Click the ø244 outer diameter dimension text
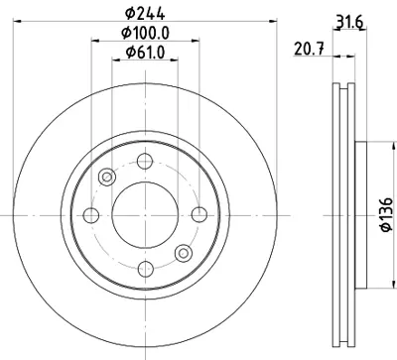click(x=146, y=14)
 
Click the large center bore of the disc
click(x=146, y=214)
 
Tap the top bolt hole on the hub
click(x=146, y=162)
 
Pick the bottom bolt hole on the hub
click(x=146, y=267)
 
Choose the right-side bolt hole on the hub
click(x=198, y=214)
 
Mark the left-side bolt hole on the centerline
click(x=93, y=214)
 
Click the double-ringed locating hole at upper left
click(x=107, y=177)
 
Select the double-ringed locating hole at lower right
click(x=185, y=252)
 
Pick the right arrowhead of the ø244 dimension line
click(x=265, y=24)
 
